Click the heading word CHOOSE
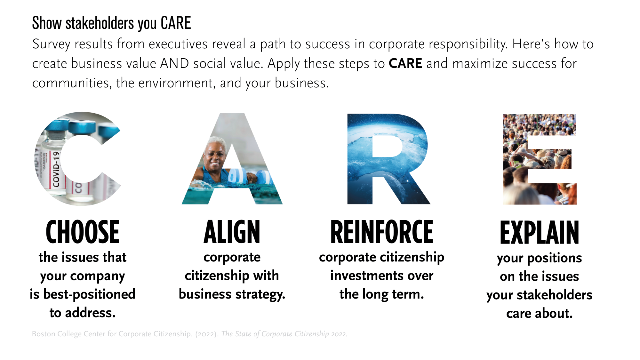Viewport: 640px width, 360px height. tap(83, 232)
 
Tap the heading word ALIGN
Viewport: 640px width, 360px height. tap(232, 232)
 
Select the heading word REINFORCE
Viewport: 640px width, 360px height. tap(382, 232)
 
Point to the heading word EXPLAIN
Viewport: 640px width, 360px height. tap(540, 233)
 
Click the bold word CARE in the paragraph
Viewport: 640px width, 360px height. tap(405, 63)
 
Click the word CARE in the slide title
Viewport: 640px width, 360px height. tap(176, 23)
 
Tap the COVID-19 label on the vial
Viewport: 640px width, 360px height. tap(56, 169)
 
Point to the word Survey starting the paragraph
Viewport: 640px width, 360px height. tap(51, 44)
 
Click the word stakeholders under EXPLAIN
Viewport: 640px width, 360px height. tap(555, 295)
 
